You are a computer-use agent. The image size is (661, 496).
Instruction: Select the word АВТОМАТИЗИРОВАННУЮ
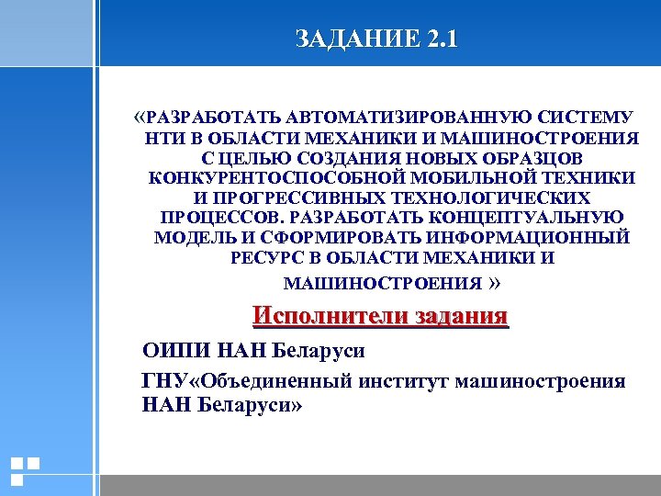pos(401,118)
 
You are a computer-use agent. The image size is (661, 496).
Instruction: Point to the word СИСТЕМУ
pos(585,118)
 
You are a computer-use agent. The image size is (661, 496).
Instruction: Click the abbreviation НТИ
pos(162,138)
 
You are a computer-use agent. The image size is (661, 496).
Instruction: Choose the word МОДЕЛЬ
pos(191,237)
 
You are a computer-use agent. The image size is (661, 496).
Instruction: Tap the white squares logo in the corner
pos(25,469)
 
